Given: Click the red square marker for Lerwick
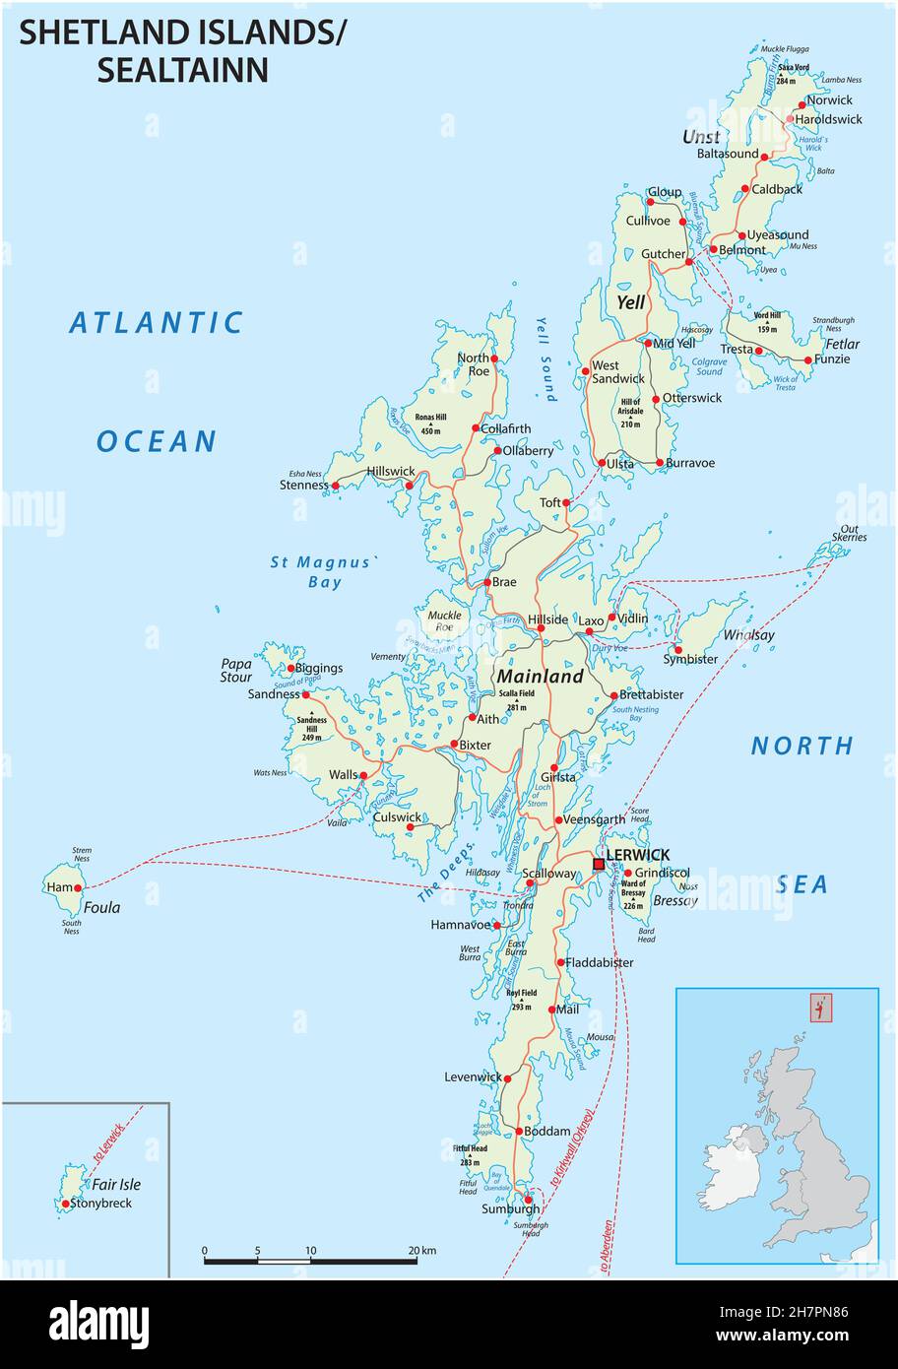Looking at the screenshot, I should pyautogui.click(x=599, y=864).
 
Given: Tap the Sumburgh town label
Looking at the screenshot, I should pyautogui.click(x=510, y=1208).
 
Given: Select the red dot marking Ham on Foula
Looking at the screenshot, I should pyautogui.click(x=78, y=887).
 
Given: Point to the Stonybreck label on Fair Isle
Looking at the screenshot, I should pyautogui.click(x=102, y=1203).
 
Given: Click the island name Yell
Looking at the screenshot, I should pyautogui.click(x=630, y=302).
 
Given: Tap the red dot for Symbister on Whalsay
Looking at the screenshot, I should pyautogui.click(x=678, y=649).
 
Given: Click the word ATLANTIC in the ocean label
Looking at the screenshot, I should pyautogui.click(x=157, y=323).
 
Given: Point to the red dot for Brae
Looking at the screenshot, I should pyautogui.click(x=487, y=583).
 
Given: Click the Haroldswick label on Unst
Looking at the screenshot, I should pyautogui.click(x=828, y=119).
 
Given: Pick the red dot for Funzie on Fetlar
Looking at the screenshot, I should pyautogui.click(x=809, y=360).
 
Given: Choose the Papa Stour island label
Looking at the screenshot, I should pyautogui.click(x=236, y=670).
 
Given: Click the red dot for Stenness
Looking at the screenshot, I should pyautogui.click(x=335, y=486).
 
